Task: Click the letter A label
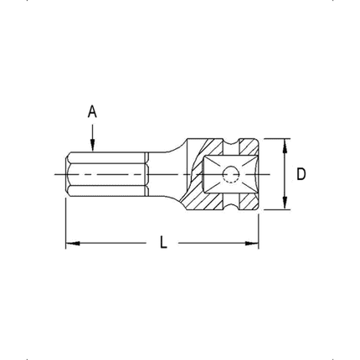(x=93, y=110)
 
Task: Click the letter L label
(x=164, y=244)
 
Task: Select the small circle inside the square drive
(x=230, y=174)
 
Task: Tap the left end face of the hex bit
(x=67, y=174)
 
